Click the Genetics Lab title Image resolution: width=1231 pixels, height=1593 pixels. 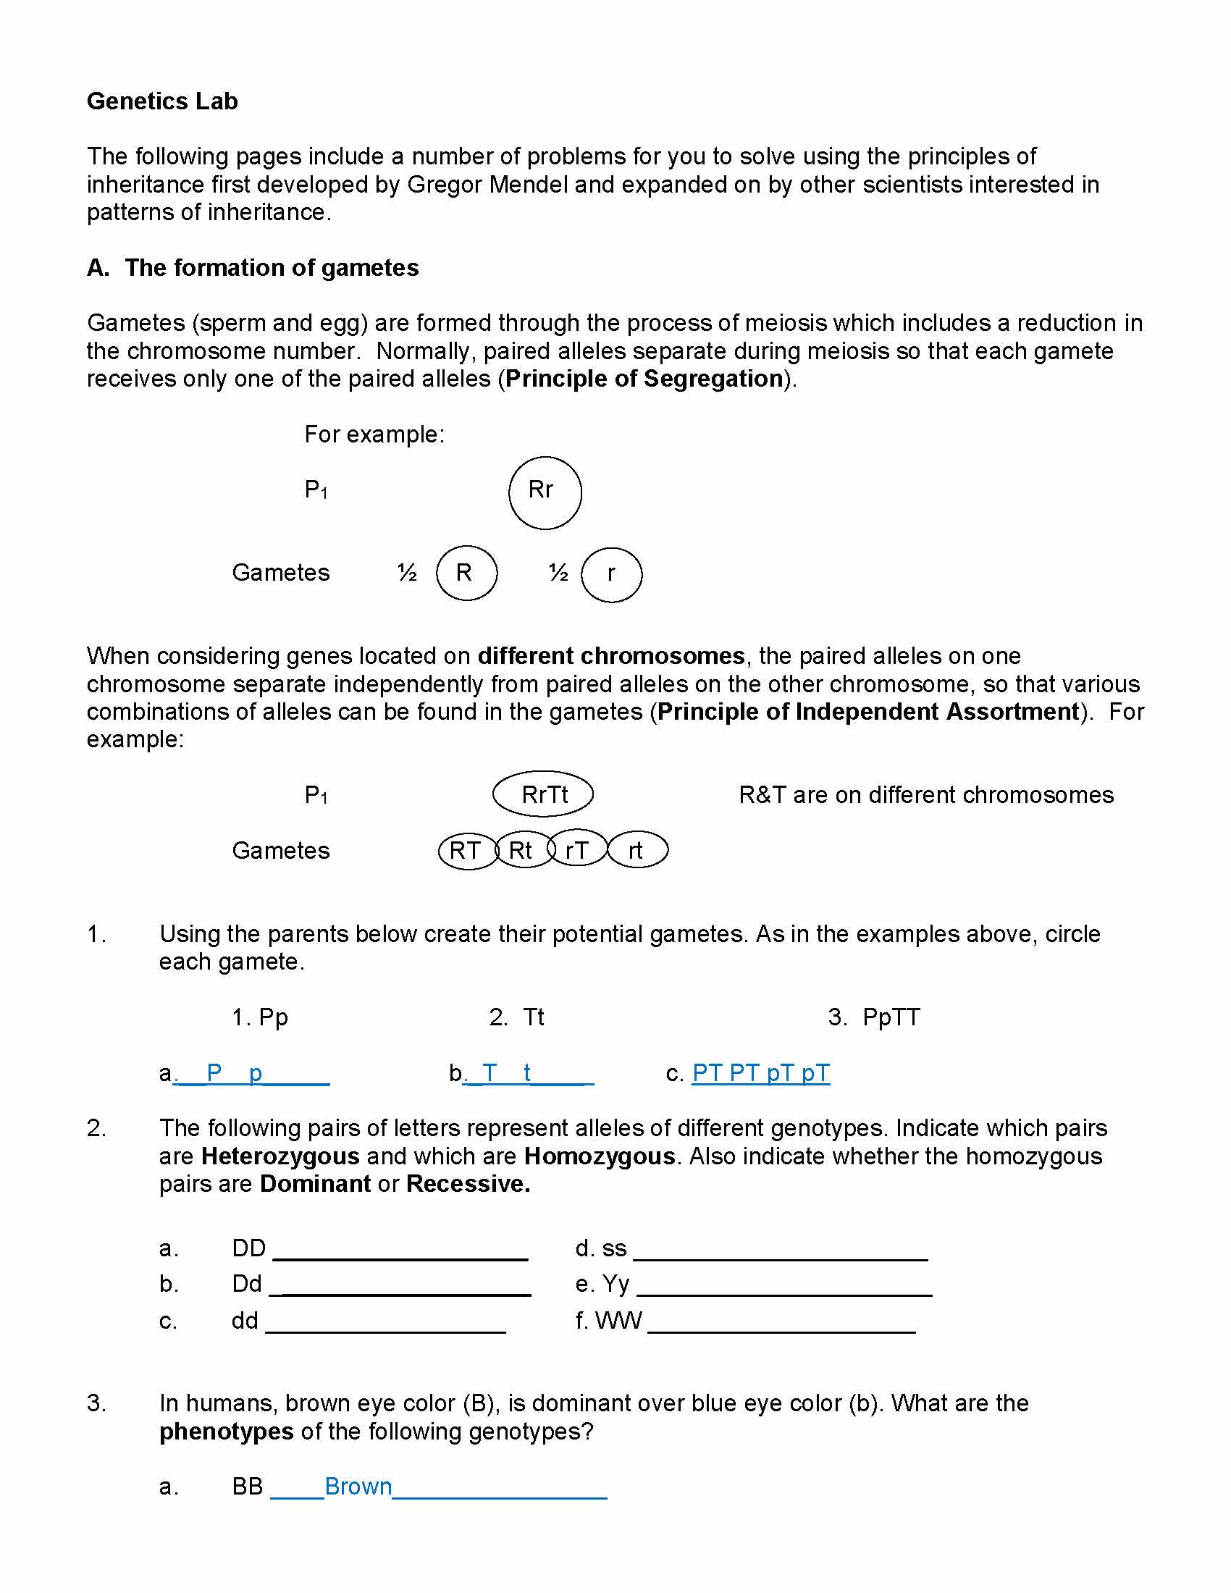point(162,101)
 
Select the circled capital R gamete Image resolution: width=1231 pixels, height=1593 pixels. point(466,573)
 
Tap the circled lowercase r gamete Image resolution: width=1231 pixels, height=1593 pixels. point(611,575)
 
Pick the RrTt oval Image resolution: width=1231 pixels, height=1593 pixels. point(543,794)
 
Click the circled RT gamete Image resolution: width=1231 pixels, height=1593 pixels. point(466,851)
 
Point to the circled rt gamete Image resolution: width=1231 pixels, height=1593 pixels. point(636,851)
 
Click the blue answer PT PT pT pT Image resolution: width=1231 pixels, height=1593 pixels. point(760,1073)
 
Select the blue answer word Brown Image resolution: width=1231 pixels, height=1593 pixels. point(358,1487)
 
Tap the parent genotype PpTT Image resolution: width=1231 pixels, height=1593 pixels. point(891,1017)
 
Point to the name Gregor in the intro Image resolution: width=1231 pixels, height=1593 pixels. point(445,185)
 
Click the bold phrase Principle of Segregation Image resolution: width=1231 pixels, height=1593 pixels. point(644,379)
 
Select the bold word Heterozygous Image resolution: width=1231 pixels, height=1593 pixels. point(280,1156)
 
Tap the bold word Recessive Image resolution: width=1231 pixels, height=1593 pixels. point(468,1184)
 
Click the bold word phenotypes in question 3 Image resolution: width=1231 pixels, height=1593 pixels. point(226,1431)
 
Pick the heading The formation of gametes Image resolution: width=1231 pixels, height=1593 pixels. point(272,268)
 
